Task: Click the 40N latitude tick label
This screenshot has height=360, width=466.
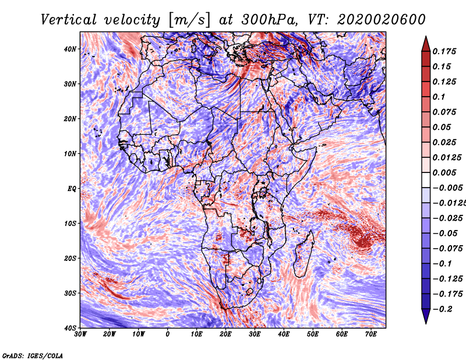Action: click(x=70, y=49)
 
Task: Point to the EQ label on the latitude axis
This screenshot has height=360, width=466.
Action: click(x=72, y=189)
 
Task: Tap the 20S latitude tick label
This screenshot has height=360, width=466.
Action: click(x=70, y=258)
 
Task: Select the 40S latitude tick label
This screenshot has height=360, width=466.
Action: click(x=70, y=328)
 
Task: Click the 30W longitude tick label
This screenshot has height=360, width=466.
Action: click(x=80, y=334)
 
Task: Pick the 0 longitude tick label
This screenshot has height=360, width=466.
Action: click(x=168, y=334)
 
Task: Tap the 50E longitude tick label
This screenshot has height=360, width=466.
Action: click(x=313, y=334)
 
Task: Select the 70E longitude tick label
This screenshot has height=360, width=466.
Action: click(x=371, y=334)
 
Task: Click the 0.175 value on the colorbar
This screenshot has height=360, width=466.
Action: click(x=444, y=51)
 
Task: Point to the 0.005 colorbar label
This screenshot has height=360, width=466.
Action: click(x=444, y=172)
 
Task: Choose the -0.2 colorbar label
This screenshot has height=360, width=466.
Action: click(x=442, y=309)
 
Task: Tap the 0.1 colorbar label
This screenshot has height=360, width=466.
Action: click(x=439, y=97)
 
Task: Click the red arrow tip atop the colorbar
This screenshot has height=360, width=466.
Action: click(x=426, y=37)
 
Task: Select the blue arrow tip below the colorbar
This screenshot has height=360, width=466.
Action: click(x=426, y=323)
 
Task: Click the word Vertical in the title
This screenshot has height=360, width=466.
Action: click(x=68, y=20)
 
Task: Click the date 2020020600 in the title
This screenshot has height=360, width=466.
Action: click(x=382, y=20)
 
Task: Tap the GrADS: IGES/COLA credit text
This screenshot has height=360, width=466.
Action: click(x=33, y=355)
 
